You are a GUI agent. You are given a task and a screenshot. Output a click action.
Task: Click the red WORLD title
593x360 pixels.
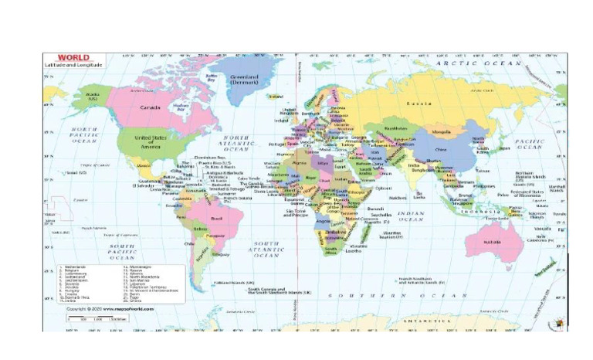(73, 58)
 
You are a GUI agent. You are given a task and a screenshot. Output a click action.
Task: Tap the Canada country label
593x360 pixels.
(150, 107)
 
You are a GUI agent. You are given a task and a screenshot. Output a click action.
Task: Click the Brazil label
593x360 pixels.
(205, 219)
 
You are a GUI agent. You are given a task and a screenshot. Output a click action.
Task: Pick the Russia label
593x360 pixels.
(419, 103)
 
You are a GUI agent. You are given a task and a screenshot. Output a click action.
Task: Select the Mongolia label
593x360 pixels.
(441, 131)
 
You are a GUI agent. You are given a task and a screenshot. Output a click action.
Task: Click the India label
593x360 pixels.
(414, 165)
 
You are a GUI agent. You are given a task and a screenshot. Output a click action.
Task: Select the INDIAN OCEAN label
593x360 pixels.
(412, 216)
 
